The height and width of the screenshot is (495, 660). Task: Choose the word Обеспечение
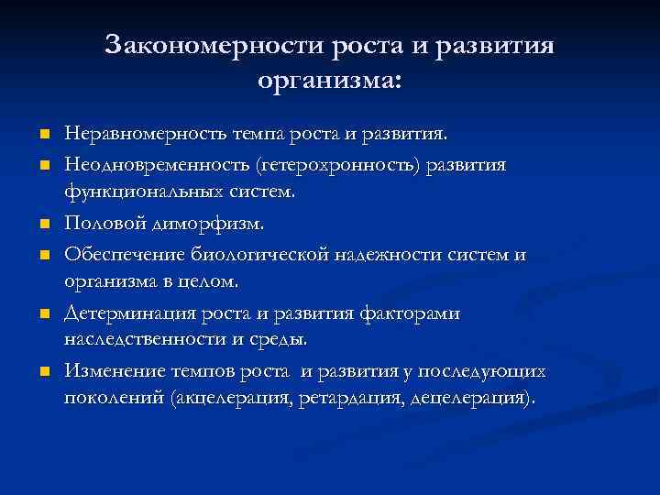pos(124,254)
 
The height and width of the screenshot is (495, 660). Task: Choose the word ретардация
pos(358,401)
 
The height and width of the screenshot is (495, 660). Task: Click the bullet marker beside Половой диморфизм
pos(42,224)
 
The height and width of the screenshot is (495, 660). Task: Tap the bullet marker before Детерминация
pos(42,313)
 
